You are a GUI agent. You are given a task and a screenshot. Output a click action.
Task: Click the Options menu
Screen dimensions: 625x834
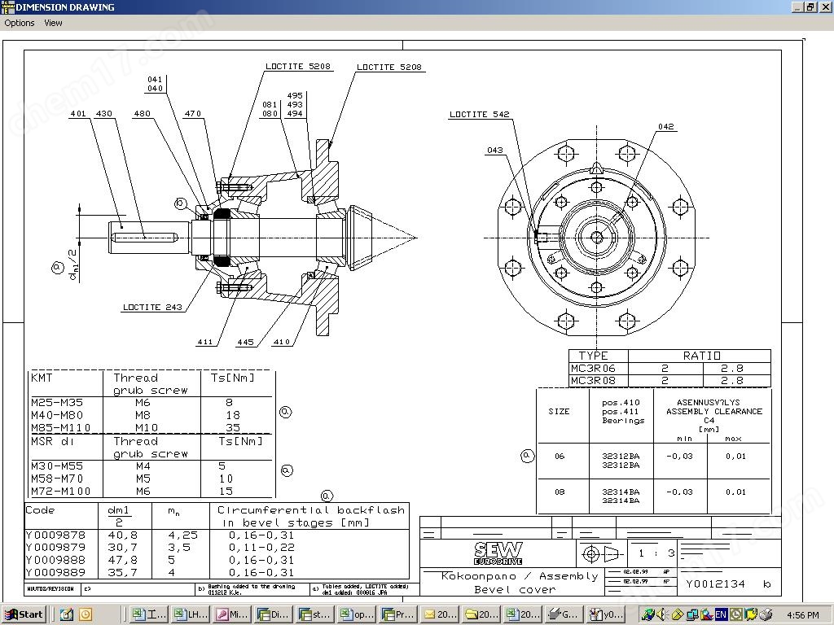[20, 23]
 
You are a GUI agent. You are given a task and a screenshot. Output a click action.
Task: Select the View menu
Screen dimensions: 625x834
[53, 23]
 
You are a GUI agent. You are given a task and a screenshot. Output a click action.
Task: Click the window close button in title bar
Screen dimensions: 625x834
[823, 7]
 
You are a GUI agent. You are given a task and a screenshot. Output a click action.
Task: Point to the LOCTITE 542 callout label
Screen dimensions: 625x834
[480, 115]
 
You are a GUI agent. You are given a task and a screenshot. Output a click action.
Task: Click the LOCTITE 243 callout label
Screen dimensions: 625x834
[152, 308]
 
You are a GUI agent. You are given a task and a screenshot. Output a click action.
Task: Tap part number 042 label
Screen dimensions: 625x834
[666, 127]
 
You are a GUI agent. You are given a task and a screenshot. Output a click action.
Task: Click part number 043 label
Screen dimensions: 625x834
[495, 151]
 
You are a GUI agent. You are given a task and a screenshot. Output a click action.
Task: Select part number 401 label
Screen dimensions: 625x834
[78, 114]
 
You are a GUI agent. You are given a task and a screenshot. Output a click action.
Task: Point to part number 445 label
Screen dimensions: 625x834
[245, 343]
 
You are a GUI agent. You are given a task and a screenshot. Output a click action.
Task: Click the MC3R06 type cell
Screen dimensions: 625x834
[593, 369]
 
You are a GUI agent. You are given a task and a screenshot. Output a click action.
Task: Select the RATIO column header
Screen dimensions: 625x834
[701, 356]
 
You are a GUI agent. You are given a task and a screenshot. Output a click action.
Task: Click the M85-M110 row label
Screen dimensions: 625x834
[61, 428]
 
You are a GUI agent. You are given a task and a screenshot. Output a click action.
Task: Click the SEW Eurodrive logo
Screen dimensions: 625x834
[498, 553]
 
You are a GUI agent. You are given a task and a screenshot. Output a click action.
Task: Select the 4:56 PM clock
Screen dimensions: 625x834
[803, 615]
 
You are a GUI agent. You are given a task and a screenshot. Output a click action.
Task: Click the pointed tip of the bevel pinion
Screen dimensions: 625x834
[415, 238]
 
